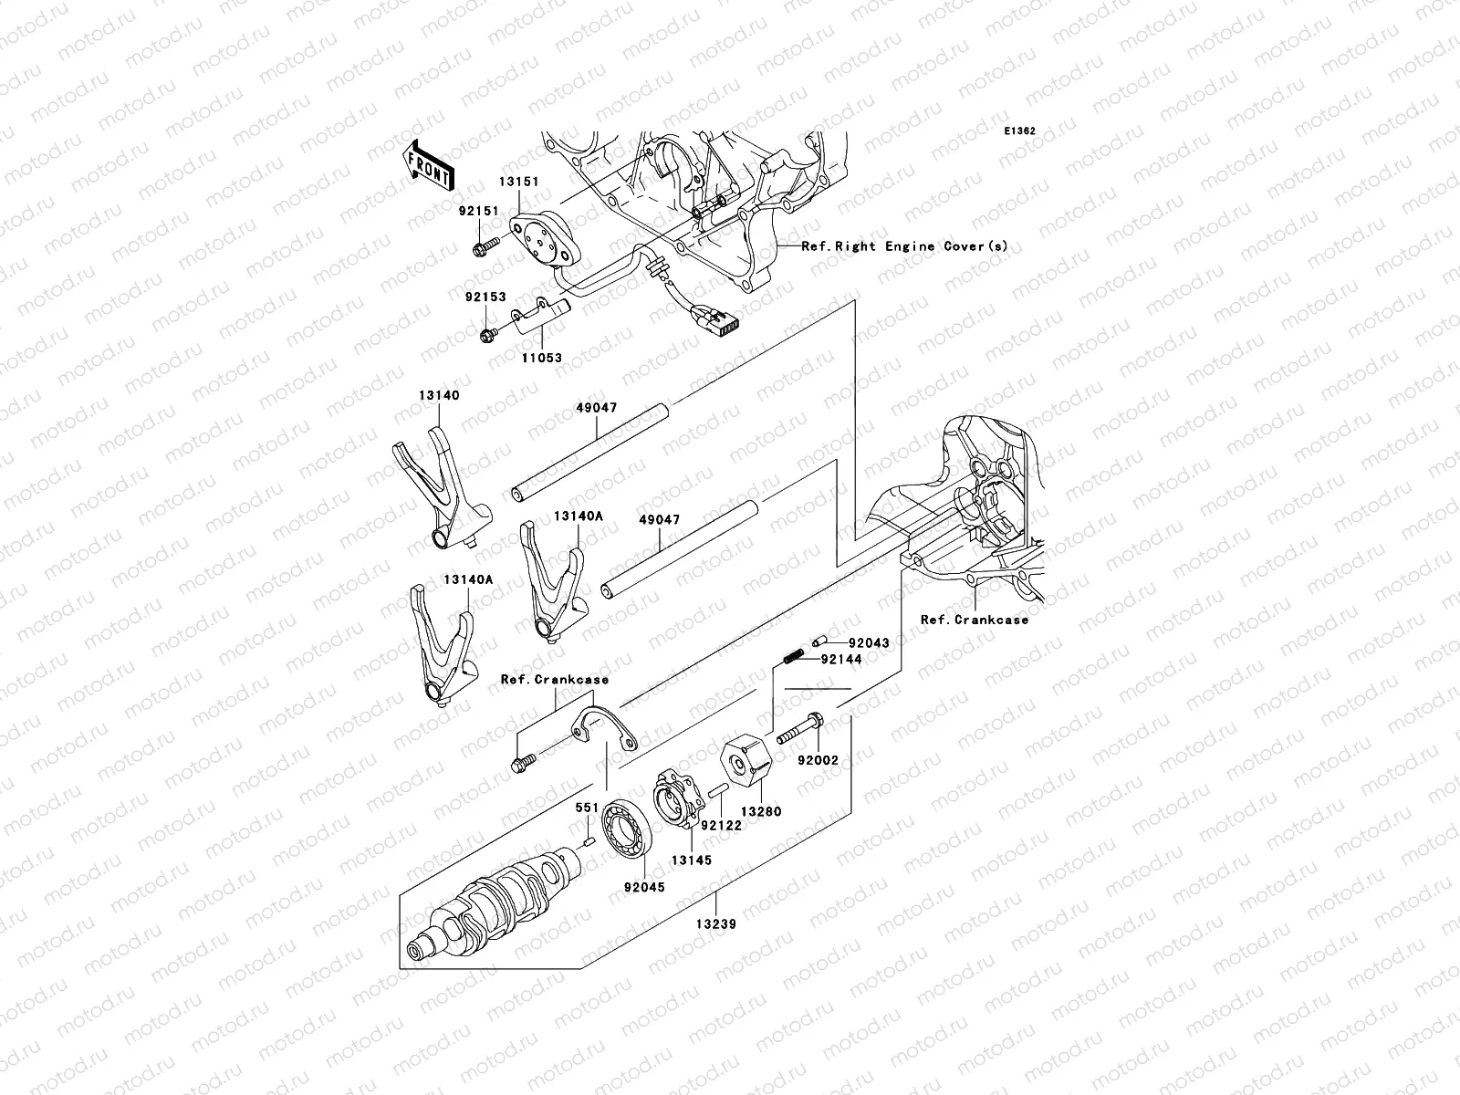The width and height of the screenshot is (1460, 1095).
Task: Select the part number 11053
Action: [x=542, y=359]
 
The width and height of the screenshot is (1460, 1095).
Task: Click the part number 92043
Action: [x=869, y=643]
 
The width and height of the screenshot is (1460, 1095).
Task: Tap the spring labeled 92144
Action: [x=793, y=654]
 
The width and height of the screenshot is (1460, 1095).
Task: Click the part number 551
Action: [x=586, y=808]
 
